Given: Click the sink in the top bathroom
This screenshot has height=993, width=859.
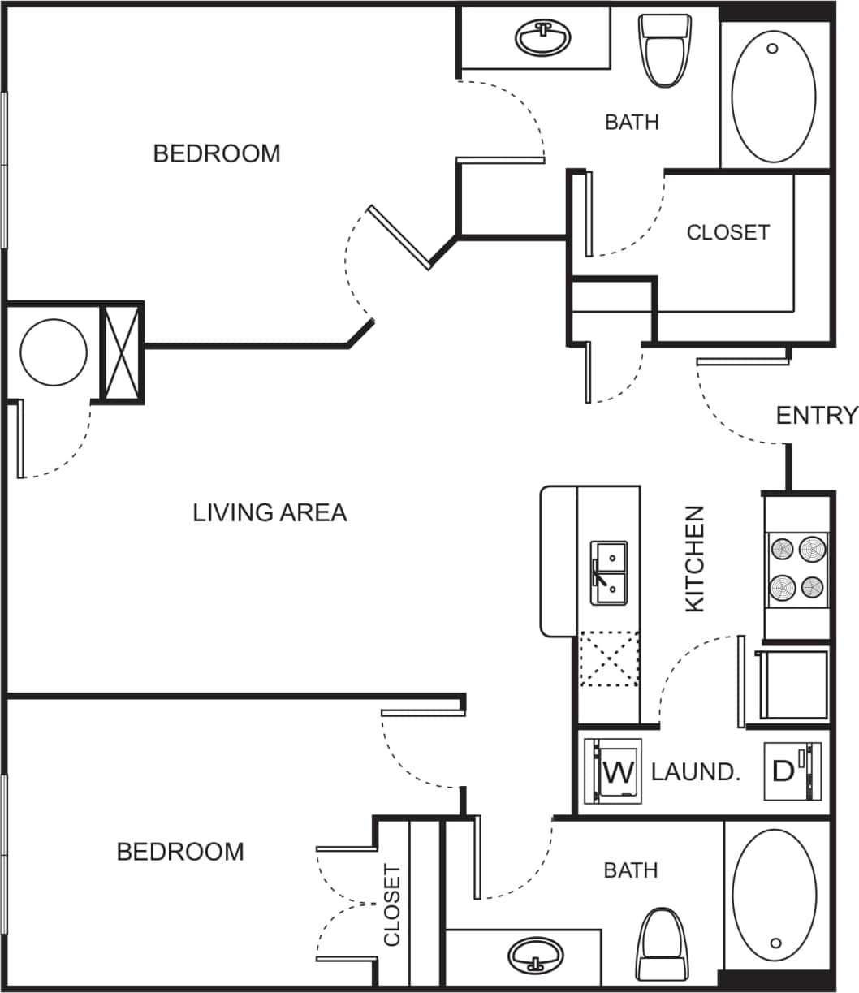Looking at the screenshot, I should [543, 37].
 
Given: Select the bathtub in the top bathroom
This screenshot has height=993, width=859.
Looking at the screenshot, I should [774, 95].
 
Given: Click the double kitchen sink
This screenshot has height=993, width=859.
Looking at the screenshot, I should [608, 573].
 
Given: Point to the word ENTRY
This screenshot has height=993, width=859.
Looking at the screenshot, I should [816, 416].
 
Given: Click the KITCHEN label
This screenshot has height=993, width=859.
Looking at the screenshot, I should [696, 559].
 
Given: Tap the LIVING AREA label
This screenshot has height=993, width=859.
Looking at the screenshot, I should [270, 513].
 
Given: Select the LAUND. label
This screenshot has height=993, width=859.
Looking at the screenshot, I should [696, 771].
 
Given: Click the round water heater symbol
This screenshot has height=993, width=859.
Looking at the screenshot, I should [53, 352].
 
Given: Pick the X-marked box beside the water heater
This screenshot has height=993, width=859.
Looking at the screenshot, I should [122, 352].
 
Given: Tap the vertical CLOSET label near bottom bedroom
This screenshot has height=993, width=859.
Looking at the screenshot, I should [392, 905].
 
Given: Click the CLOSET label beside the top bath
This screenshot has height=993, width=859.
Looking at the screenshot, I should [727, 232].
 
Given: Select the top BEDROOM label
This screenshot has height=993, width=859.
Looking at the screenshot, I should [217, 153].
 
